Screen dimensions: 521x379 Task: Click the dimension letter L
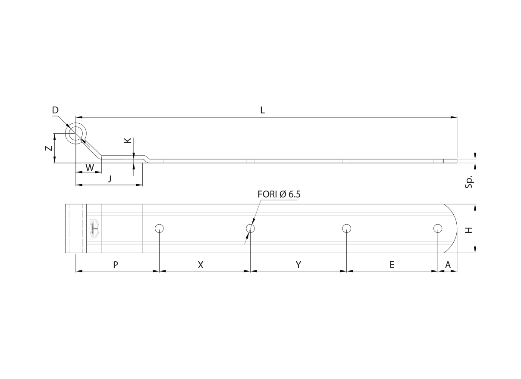262,110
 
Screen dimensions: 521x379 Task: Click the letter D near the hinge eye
55,110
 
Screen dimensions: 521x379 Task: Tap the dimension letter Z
49,148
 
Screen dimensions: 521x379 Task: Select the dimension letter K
128,140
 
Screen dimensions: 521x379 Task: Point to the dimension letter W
90,168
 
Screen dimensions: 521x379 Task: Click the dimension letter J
110,179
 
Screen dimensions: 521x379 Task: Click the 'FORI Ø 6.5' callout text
279,194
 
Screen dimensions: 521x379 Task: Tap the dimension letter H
468,230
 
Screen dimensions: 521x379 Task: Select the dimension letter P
115,265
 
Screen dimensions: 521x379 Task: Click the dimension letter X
201,265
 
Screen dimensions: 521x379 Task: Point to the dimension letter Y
298,265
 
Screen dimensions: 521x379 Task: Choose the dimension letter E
392,265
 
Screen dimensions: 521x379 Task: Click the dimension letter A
448,265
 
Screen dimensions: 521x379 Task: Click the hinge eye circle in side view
76,134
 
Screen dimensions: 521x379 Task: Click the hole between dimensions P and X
159,229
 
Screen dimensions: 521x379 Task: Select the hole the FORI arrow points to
250,229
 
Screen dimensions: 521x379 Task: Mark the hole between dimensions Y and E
347,229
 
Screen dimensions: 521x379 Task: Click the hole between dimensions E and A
438,229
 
